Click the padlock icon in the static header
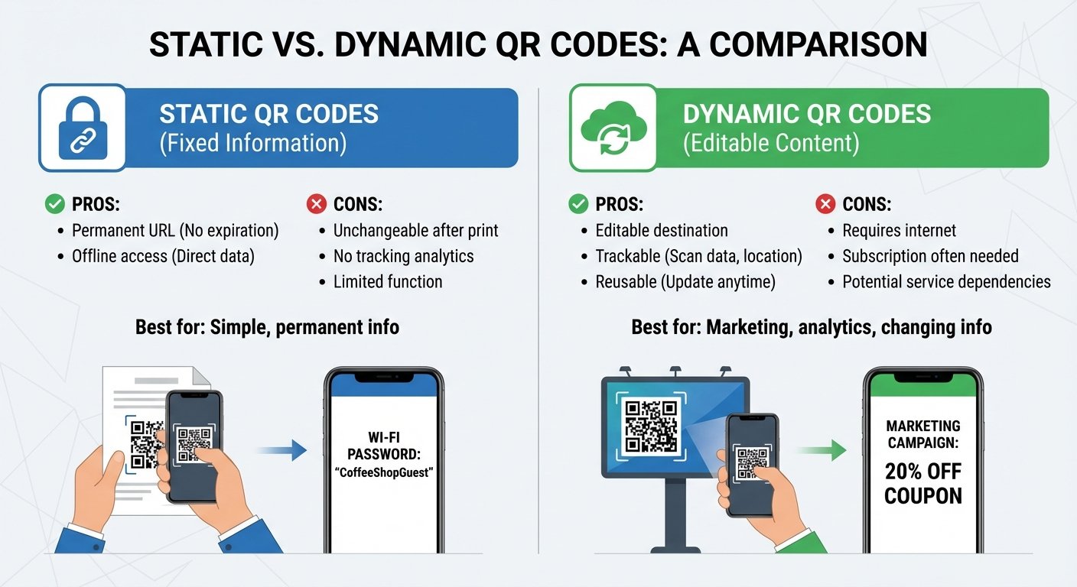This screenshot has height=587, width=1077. coord(82,127)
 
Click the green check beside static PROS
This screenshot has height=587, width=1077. coord(54,204)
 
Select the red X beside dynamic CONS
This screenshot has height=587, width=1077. coord(825,204)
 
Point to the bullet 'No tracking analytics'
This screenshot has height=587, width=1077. coord(403,256)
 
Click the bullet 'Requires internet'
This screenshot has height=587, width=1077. coord(899,230)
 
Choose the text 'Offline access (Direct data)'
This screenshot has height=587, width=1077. coord(163,256)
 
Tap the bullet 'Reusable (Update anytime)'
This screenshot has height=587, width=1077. coord(685,282)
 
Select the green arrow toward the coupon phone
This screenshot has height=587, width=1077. coord(822,451)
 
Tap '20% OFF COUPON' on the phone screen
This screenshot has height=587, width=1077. coord(923,484)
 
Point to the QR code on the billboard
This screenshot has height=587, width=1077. coord(650,426)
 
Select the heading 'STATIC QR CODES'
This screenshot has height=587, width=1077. coord(268,114)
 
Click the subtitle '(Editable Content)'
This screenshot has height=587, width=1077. coord(770,143)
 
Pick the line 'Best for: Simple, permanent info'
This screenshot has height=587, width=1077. coord(267,328)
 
